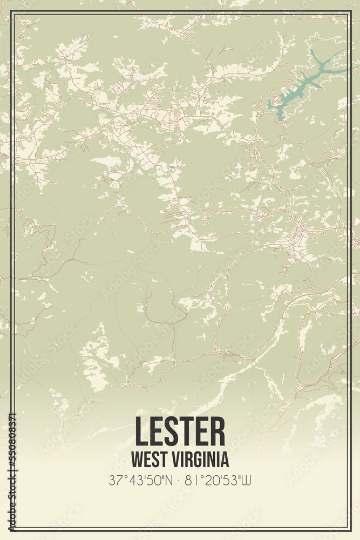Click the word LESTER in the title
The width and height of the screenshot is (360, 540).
(180, 431)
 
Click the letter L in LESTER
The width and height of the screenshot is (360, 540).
(141, 431)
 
